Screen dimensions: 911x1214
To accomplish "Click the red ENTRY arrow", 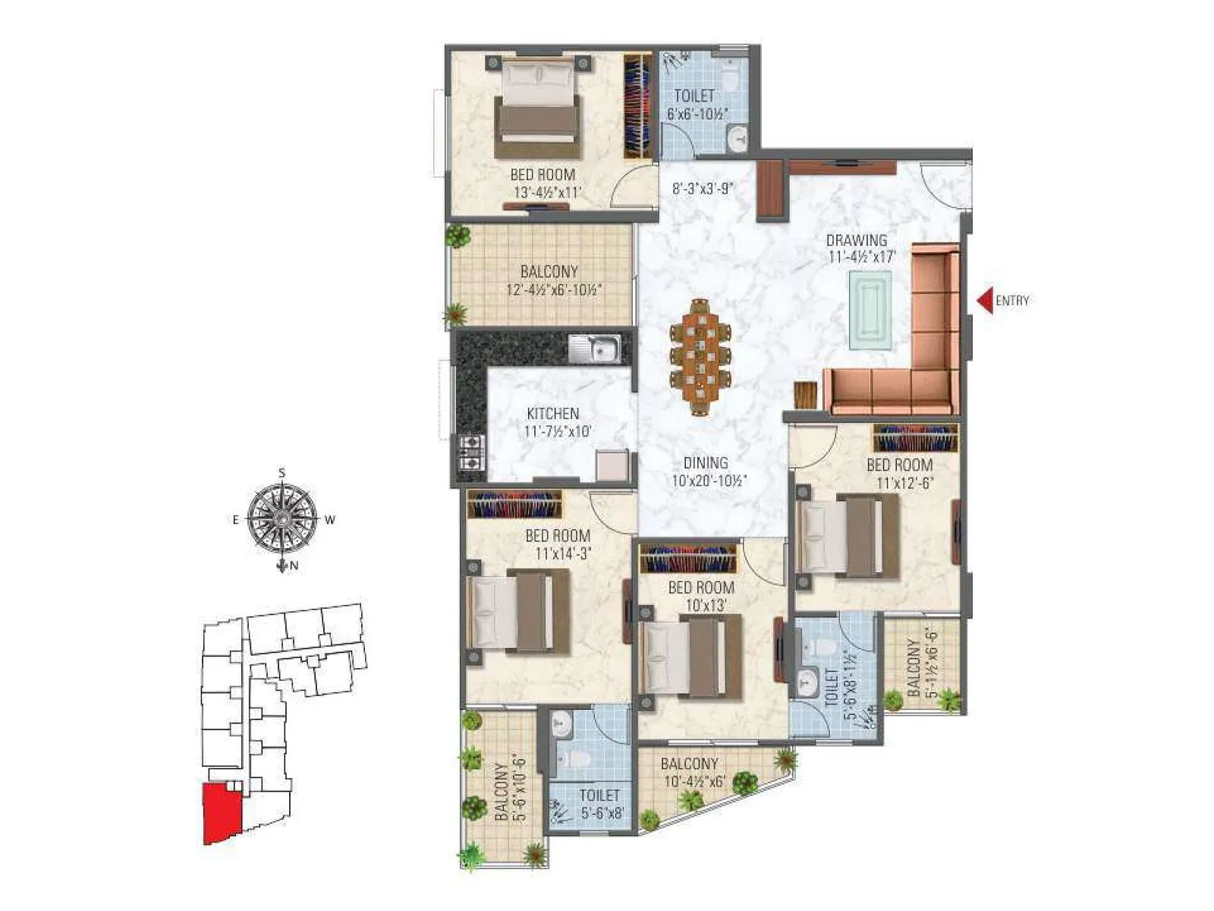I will click(x=984, y=301).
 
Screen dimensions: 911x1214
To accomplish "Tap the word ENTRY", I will click(x=1012, y=301).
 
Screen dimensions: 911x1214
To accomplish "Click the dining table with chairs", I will click(x=700, y=358).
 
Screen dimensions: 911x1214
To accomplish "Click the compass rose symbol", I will click(x=281, y=519).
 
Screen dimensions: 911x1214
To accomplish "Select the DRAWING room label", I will click(x=857, y=241).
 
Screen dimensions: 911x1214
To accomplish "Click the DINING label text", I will click(x=705, y=462).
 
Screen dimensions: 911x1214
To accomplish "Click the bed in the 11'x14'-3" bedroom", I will click(x=519, y=610).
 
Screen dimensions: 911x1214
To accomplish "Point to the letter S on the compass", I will click(x=281, y=473).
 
